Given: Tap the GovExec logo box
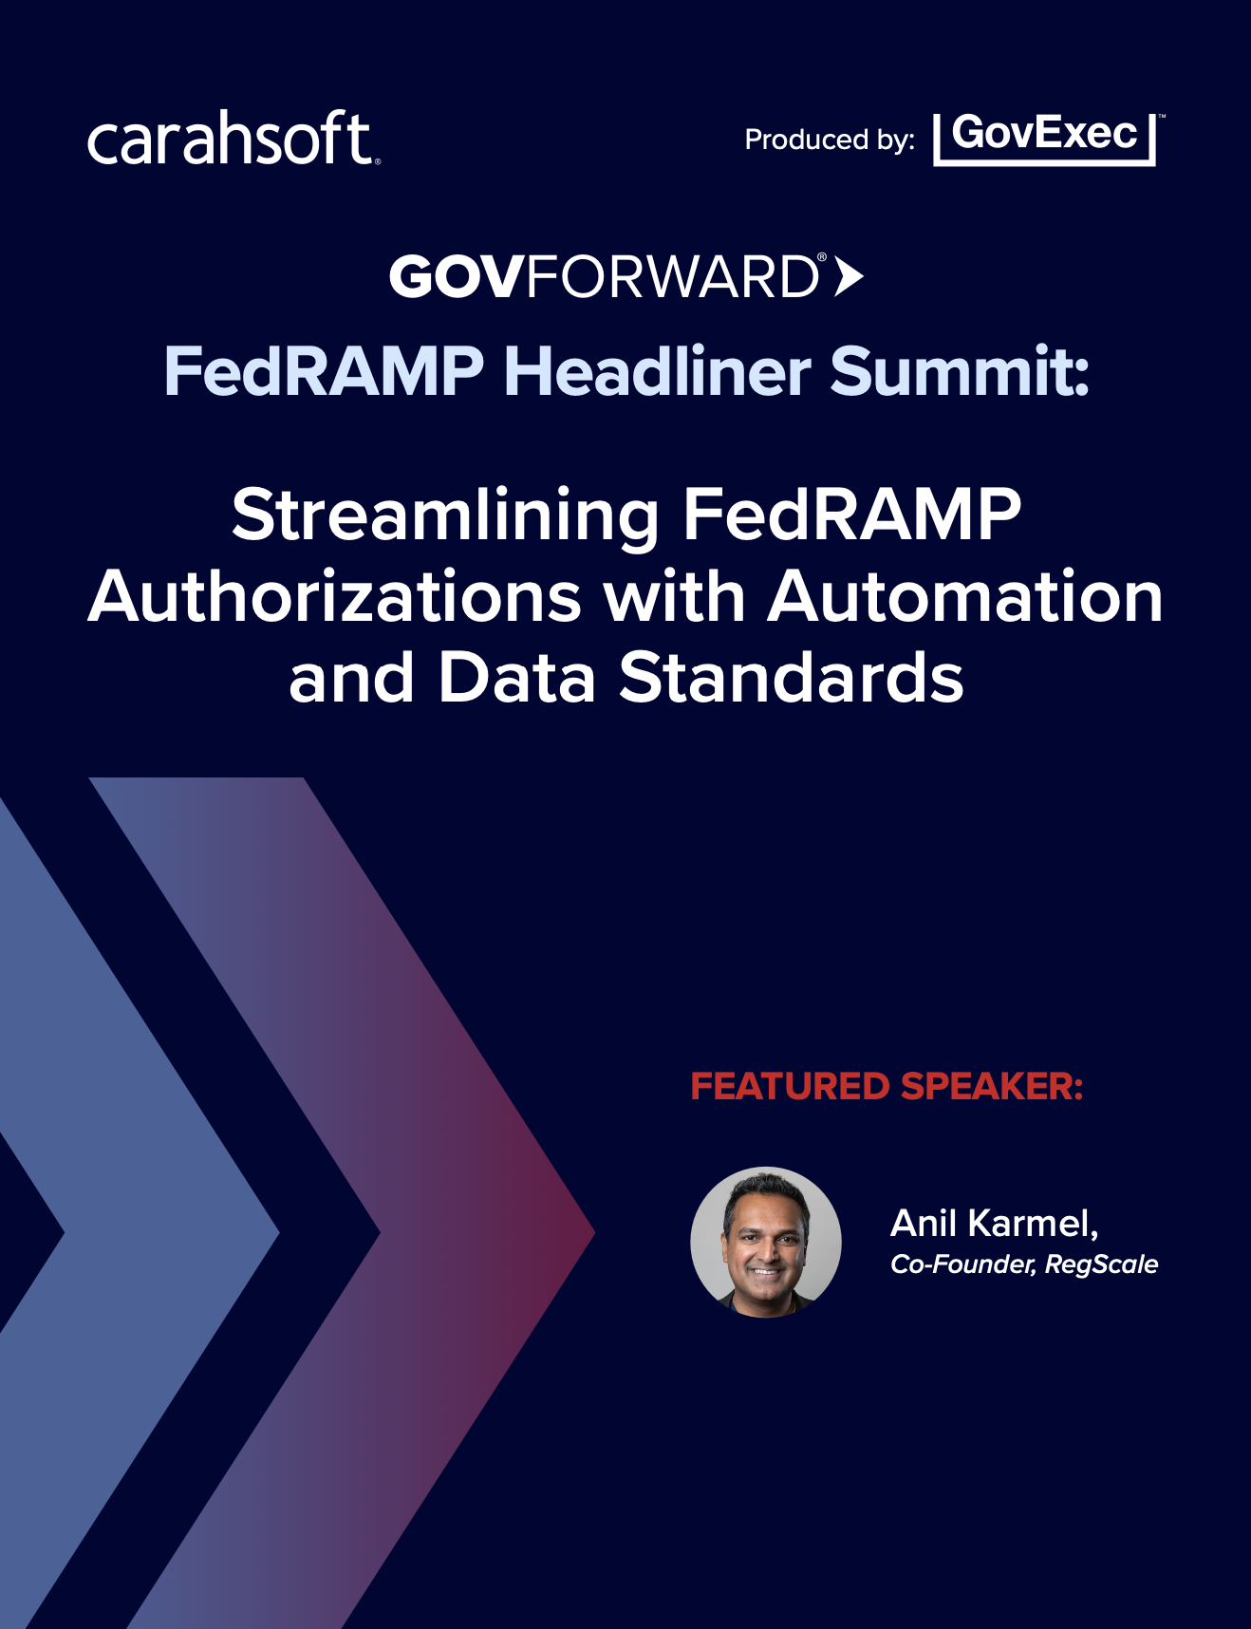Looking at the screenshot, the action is click(1046, 139).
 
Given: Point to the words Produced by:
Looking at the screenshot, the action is click(830, 140).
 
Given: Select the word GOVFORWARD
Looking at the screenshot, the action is click(605, 276).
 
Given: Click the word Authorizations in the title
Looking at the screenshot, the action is click(334, 598).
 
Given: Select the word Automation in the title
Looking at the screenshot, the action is click(965, 598).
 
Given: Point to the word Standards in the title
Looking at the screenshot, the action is click(792, 679).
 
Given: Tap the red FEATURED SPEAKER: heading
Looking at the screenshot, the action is click(887, 1086).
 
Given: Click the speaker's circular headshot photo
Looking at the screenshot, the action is click(766, 1242).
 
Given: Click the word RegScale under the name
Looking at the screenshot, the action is click(1102, 1264).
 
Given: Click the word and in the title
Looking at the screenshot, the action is click(351, 679).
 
